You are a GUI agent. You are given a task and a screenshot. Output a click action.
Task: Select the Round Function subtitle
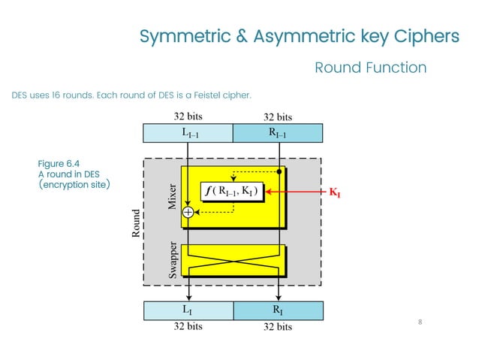pos(370,68)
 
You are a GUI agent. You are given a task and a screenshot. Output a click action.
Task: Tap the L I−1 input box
pos(188,134)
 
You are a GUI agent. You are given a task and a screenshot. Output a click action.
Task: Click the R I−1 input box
pos(278,134)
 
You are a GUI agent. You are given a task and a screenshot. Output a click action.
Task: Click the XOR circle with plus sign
pos(188,213)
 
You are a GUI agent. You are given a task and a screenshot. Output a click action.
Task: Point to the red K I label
pos(334,193)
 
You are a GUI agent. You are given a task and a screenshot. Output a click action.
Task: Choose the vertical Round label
pos(136,223)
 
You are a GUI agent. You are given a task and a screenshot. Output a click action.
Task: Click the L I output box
pos(188,310)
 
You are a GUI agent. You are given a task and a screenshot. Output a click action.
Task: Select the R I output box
pos(278,310)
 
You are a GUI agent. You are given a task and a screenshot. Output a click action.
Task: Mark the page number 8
pos(420,322)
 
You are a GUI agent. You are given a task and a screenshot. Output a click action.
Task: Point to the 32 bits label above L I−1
pos(188,116)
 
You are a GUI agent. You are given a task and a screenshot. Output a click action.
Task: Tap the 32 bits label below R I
pos(278,327)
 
